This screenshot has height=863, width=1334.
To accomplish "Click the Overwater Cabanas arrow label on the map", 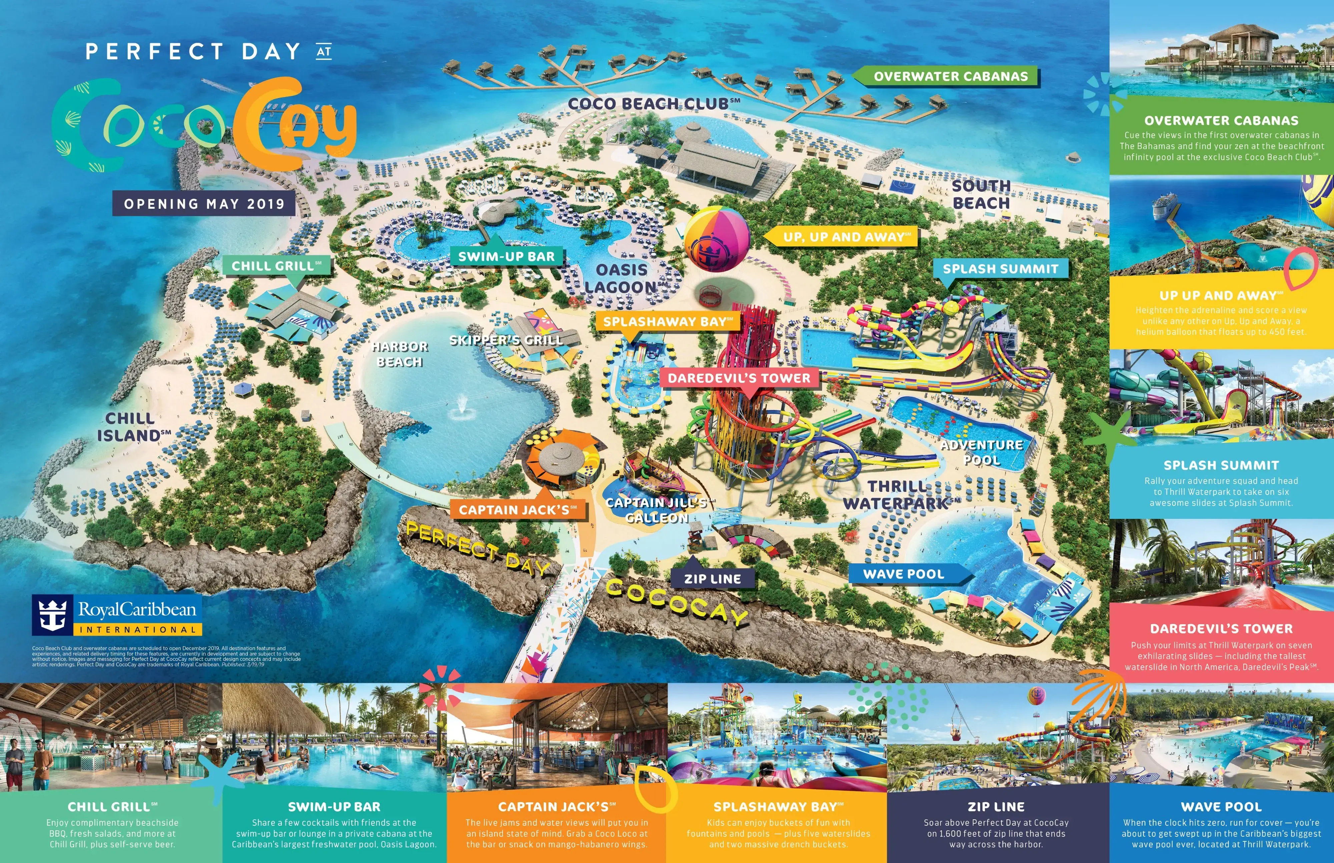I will click(x=950, y=76).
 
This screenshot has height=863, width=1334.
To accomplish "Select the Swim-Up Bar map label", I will click(x=506, y=257).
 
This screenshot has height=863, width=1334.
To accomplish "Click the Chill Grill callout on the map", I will click(x=276, y=266).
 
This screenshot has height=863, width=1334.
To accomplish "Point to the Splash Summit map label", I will click(x=1000, y=269).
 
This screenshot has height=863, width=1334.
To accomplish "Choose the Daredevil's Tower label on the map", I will click(x=739, y=378).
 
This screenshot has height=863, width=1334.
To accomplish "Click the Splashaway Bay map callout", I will click(x=668, y=322).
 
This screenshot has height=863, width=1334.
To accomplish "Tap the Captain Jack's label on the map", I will click(x=517, y=510).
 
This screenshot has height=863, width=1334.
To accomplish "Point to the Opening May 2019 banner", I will click(x=204, y=203).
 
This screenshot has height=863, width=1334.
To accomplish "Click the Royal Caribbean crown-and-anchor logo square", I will click(x=52, y=615).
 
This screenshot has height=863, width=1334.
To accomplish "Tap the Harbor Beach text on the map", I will click(x=400, y=354).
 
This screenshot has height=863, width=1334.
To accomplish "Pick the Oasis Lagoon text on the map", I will click(x=622, y=278).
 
